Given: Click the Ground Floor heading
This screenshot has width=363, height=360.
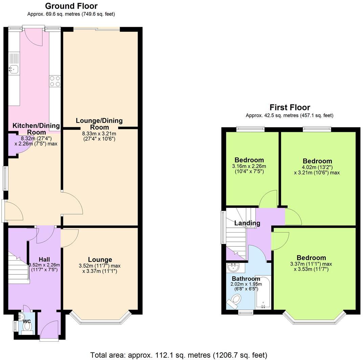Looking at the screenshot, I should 71,6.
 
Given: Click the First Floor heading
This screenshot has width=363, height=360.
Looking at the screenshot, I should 290,108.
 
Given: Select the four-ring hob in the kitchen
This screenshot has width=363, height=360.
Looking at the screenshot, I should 55,81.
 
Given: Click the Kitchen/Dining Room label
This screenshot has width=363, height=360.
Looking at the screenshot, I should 36,129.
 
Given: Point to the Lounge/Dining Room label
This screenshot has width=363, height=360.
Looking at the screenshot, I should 99,124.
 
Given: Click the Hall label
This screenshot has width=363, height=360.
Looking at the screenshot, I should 44,259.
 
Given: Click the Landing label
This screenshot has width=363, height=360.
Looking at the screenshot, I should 247,223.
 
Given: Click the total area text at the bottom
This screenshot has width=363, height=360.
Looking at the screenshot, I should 179,355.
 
